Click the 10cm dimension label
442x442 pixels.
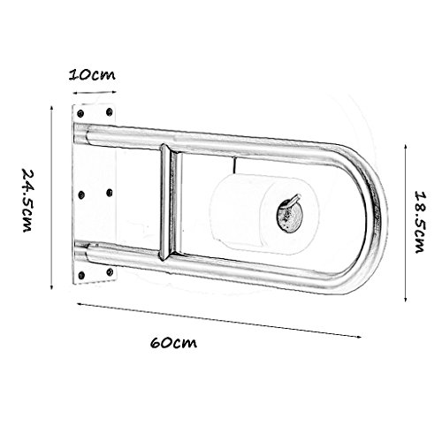pos(92,74)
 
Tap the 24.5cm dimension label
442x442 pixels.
pos(27,200)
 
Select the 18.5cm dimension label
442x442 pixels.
pos(421,222)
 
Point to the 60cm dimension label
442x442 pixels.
pos(173,342)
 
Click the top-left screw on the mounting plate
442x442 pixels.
pos(80,113)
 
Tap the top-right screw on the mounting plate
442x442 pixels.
pos(109,111)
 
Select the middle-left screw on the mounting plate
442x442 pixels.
pos(81,194)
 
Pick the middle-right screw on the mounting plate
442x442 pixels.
pos(109,193)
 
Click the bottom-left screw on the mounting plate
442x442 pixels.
pos(81,275)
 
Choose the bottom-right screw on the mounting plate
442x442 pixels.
pos(110,271)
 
